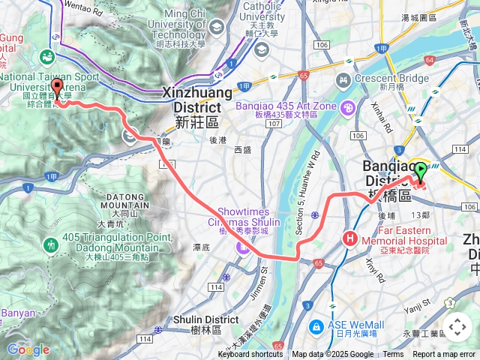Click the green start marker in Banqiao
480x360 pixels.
tap(420, 172)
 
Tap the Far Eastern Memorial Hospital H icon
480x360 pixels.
tap(349, 238)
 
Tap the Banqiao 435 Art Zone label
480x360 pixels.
tap(285, 110)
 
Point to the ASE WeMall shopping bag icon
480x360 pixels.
tap(316, 327)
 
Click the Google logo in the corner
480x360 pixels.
tap(28, 349)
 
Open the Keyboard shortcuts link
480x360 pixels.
tap(250, 355)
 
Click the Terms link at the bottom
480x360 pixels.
tap(393, 355)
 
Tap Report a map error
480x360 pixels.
tap(445, 355)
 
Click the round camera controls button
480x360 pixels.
tap(457, 327)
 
